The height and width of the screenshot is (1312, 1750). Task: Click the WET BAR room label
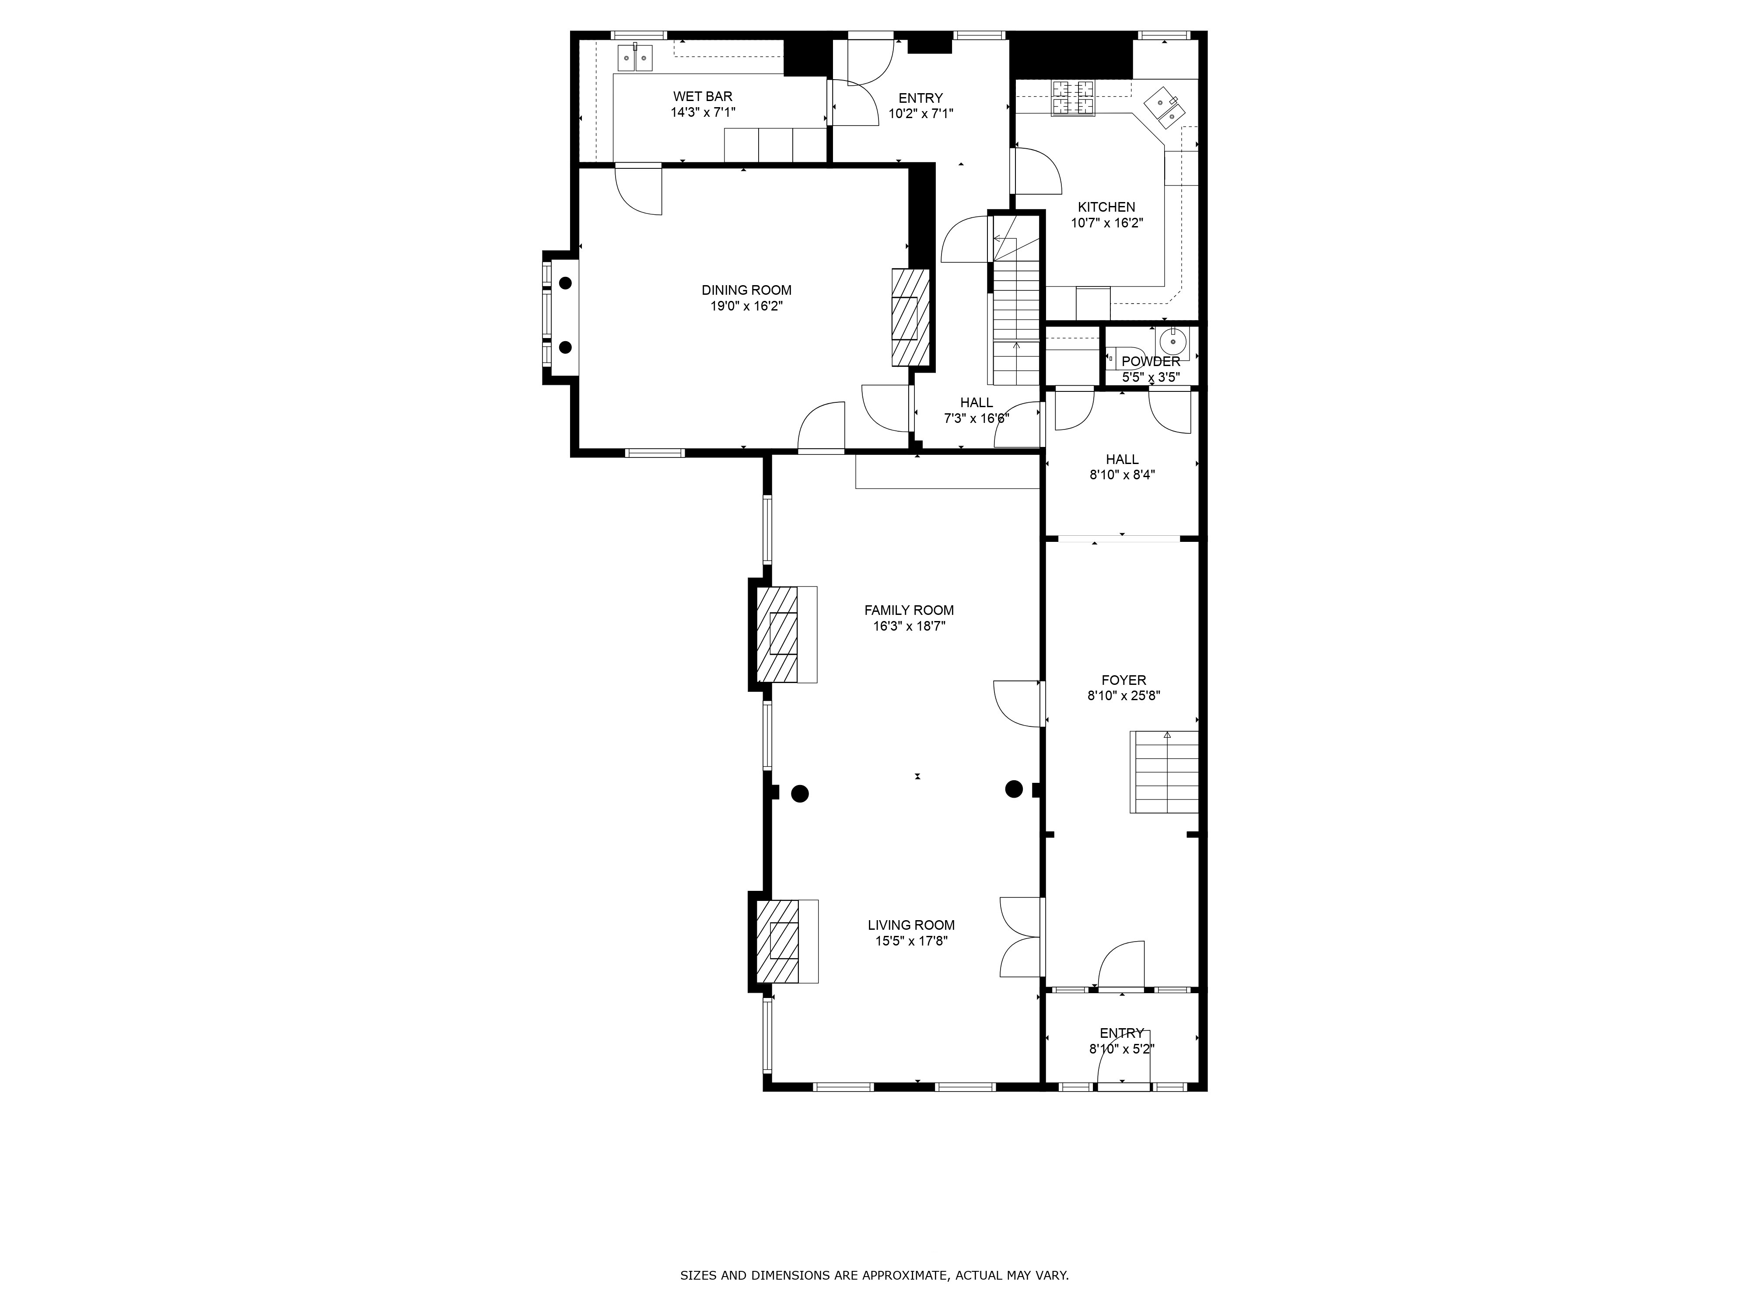coord(703,97)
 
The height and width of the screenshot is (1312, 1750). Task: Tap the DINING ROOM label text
coord(746,290)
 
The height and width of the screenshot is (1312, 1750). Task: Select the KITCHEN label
coord(1106,207)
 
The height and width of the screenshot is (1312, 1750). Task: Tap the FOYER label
coord(1123,680)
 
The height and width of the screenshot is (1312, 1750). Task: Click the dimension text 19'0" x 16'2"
coord(746,306)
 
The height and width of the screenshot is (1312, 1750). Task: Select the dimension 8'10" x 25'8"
coord(1123,696)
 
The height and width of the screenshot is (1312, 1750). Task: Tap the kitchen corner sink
coord(1165,108)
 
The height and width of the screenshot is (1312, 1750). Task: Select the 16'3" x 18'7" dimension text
coord(909,625)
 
